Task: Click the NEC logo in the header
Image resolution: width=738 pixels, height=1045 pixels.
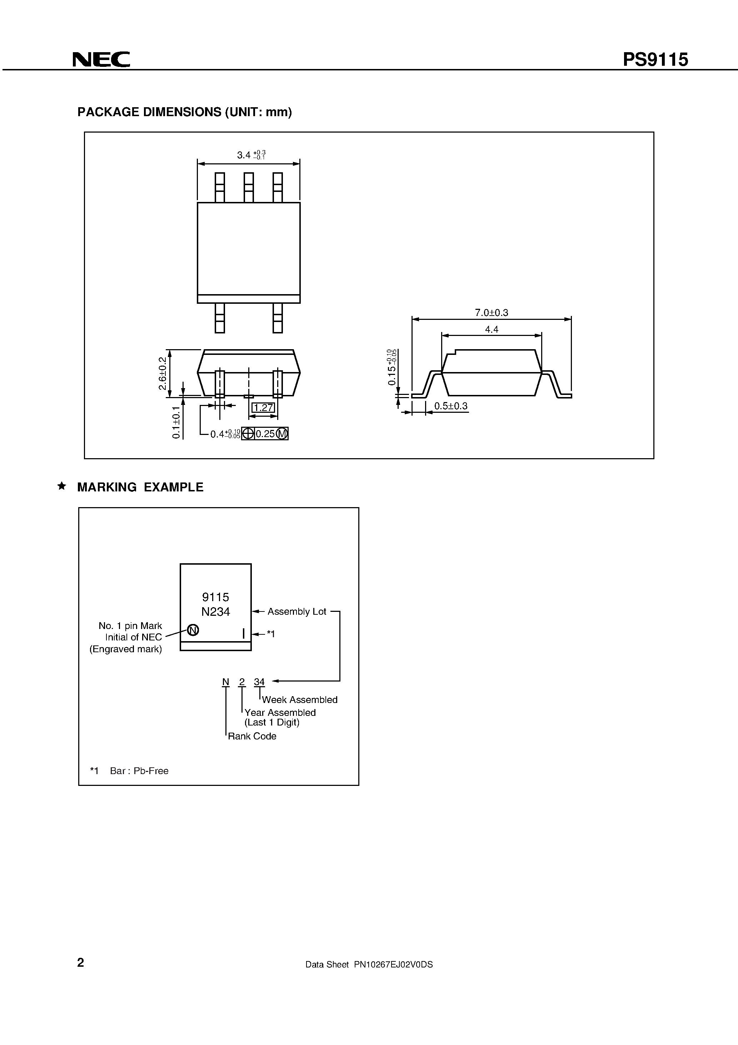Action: click(101, 60)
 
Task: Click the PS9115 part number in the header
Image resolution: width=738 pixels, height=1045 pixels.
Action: click(655, 60)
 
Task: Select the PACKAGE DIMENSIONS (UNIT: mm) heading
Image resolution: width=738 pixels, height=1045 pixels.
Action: click(184, 112)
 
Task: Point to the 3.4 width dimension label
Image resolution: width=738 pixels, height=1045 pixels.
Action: click(244, 155)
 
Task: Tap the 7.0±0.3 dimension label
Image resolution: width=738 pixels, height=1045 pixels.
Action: click(492, 313)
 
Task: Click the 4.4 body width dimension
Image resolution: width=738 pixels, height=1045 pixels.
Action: click(492, 329)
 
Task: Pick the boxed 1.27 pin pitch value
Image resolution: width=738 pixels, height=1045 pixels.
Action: click(263, 408)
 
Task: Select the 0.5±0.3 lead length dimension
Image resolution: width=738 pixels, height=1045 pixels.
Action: click(450, 406)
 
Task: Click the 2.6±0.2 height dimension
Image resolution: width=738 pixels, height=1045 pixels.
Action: click(162, 373)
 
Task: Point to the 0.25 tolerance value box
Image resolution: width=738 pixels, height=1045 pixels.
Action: click(265, 434)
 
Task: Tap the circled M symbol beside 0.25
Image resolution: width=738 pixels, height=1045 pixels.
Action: click(282, 434)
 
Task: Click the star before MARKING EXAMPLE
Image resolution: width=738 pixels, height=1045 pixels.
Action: click(61, 486)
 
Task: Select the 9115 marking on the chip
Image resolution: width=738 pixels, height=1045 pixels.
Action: click(216, 597)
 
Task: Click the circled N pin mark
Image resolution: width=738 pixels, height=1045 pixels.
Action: click(193, 630)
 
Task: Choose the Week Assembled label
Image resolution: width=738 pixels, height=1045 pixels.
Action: click(299, 699)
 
